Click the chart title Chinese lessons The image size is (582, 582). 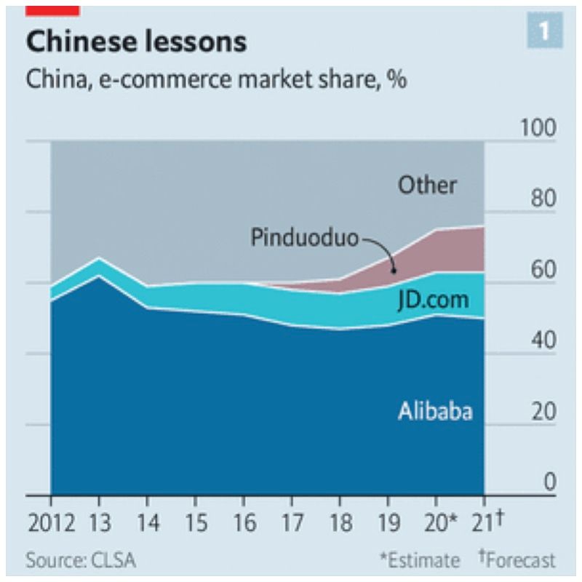[136, 42]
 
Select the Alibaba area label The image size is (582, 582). [435, 411]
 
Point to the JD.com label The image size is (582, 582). [433, 300]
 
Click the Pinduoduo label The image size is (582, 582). [305, 238]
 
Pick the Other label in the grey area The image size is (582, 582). [427, 185]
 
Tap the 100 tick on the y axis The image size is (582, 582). [538, 127]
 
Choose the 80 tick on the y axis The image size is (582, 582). [543, 199]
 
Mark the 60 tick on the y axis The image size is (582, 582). [543, 270]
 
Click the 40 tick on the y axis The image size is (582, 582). [543, 340]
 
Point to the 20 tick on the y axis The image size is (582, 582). [543, 412]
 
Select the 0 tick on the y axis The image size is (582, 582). [550, 482]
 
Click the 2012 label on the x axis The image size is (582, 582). [51, 522]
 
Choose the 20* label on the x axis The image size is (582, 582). [439, 522]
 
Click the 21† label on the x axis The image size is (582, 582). [488, 522]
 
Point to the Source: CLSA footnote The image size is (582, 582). [81, 560]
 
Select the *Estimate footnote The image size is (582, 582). [420, 560]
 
